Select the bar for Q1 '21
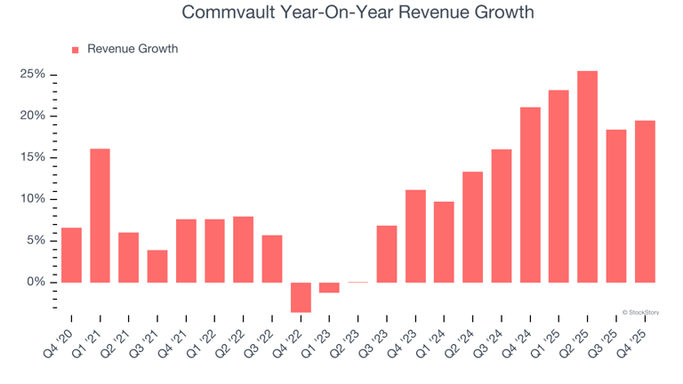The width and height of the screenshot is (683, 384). (x=100, y=215)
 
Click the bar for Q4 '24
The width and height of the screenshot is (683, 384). (x=530, y=195)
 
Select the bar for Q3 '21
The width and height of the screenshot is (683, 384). (x=157, y=266)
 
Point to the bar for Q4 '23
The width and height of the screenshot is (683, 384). (x=415, y=236)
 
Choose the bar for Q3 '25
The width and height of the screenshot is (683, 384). (x=615, y=205)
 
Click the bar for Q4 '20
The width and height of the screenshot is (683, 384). (x=72, y=255)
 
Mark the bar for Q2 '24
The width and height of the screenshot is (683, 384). (x=472, y=227)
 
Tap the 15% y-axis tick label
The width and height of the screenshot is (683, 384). (x=33, y=157)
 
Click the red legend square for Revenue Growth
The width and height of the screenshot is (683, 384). (x=76, y=50)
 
